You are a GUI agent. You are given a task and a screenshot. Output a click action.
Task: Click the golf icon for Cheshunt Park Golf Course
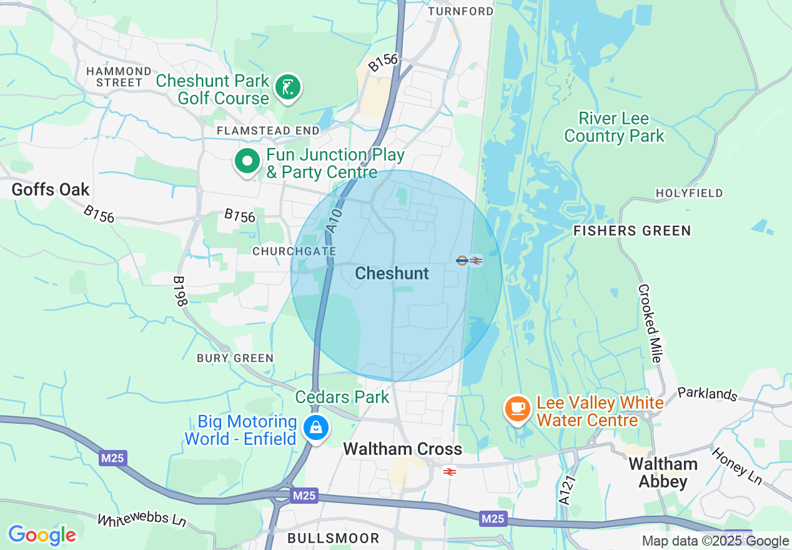287,87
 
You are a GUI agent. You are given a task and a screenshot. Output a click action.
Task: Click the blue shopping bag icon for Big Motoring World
317,428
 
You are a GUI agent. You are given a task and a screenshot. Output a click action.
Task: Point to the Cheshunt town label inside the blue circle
392,273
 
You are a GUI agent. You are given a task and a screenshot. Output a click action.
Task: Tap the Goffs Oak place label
51,189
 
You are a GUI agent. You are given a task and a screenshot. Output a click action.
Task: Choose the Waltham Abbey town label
663,472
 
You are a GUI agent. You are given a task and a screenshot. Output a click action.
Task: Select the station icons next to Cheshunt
469,261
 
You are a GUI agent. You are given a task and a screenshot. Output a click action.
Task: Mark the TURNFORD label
460,11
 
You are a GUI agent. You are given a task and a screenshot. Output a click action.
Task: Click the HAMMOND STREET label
119,76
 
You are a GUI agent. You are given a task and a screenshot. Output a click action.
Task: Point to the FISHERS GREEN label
632,231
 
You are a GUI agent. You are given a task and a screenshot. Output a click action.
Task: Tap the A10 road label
335,222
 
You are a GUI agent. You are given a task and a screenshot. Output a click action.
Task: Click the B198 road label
181,291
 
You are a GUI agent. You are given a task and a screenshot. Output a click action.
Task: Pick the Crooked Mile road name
649,323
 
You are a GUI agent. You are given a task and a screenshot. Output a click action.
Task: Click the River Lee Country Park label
614,127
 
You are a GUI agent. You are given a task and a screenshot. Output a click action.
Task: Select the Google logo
42,535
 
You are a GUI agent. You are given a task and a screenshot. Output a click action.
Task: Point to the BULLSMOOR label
333,538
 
